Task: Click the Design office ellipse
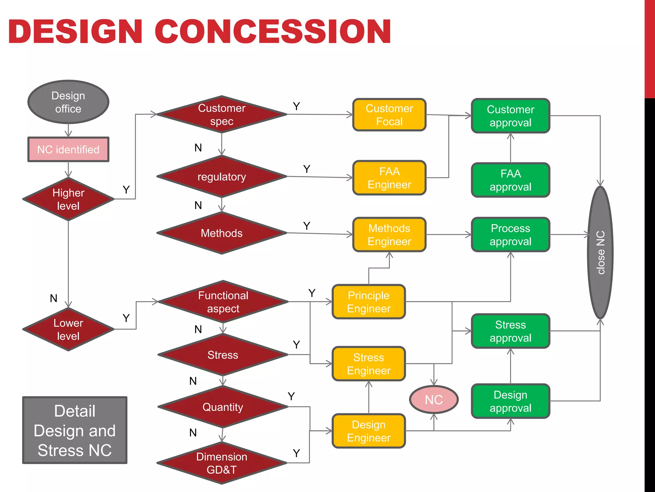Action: click(x=68, y=102)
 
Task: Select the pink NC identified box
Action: click(x=68, y=149)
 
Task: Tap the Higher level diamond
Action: click(x=68, y=199)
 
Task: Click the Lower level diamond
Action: click(x=68, y=329)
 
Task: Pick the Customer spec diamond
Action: click(x=222, y=114)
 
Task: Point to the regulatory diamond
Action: click(x=222, y=176)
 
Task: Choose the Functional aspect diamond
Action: click(x=223, y=301)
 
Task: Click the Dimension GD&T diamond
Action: click(x=222, y=463)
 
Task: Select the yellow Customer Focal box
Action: click(x=389, y=115)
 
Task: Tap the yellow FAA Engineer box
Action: click(x=389, y=178)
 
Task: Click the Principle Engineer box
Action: click(x=369, y=301)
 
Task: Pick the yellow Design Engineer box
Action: click(x=369, y=431)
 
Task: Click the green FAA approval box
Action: click(x=510, y=180)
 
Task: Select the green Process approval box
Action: click(x=510, y=234)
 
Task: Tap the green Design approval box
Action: click(x=510, y=401)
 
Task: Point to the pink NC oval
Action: click(x=434, y=399)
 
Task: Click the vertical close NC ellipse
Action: click(x=600, y=252)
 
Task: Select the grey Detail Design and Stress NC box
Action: click(x=75, y=430)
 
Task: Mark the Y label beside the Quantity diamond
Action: click(x=291, y=396)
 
